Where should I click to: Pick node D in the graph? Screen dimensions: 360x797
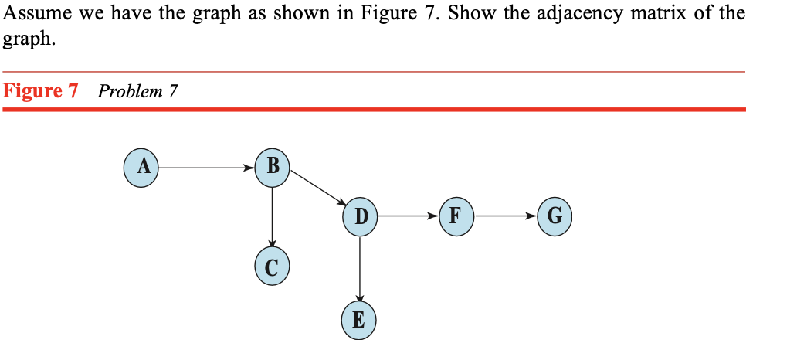click(x=360, y=216)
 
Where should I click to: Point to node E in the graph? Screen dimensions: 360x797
click(x=359, y=320)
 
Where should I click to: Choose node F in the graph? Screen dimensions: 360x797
click(x=456, y=216)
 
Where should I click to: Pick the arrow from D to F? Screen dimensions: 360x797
click(x=408, y=216)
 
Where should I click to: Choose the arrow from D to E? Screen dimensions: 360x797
click(x=360, y=267)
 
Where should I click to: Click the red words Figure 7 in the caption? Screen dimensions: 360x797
click(x=42, y=91)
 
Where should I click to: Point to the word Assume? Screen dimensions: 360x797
click(x=35, y=13)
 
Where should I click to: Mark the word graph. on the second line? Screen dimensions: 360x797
click(x=29, y=39)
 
